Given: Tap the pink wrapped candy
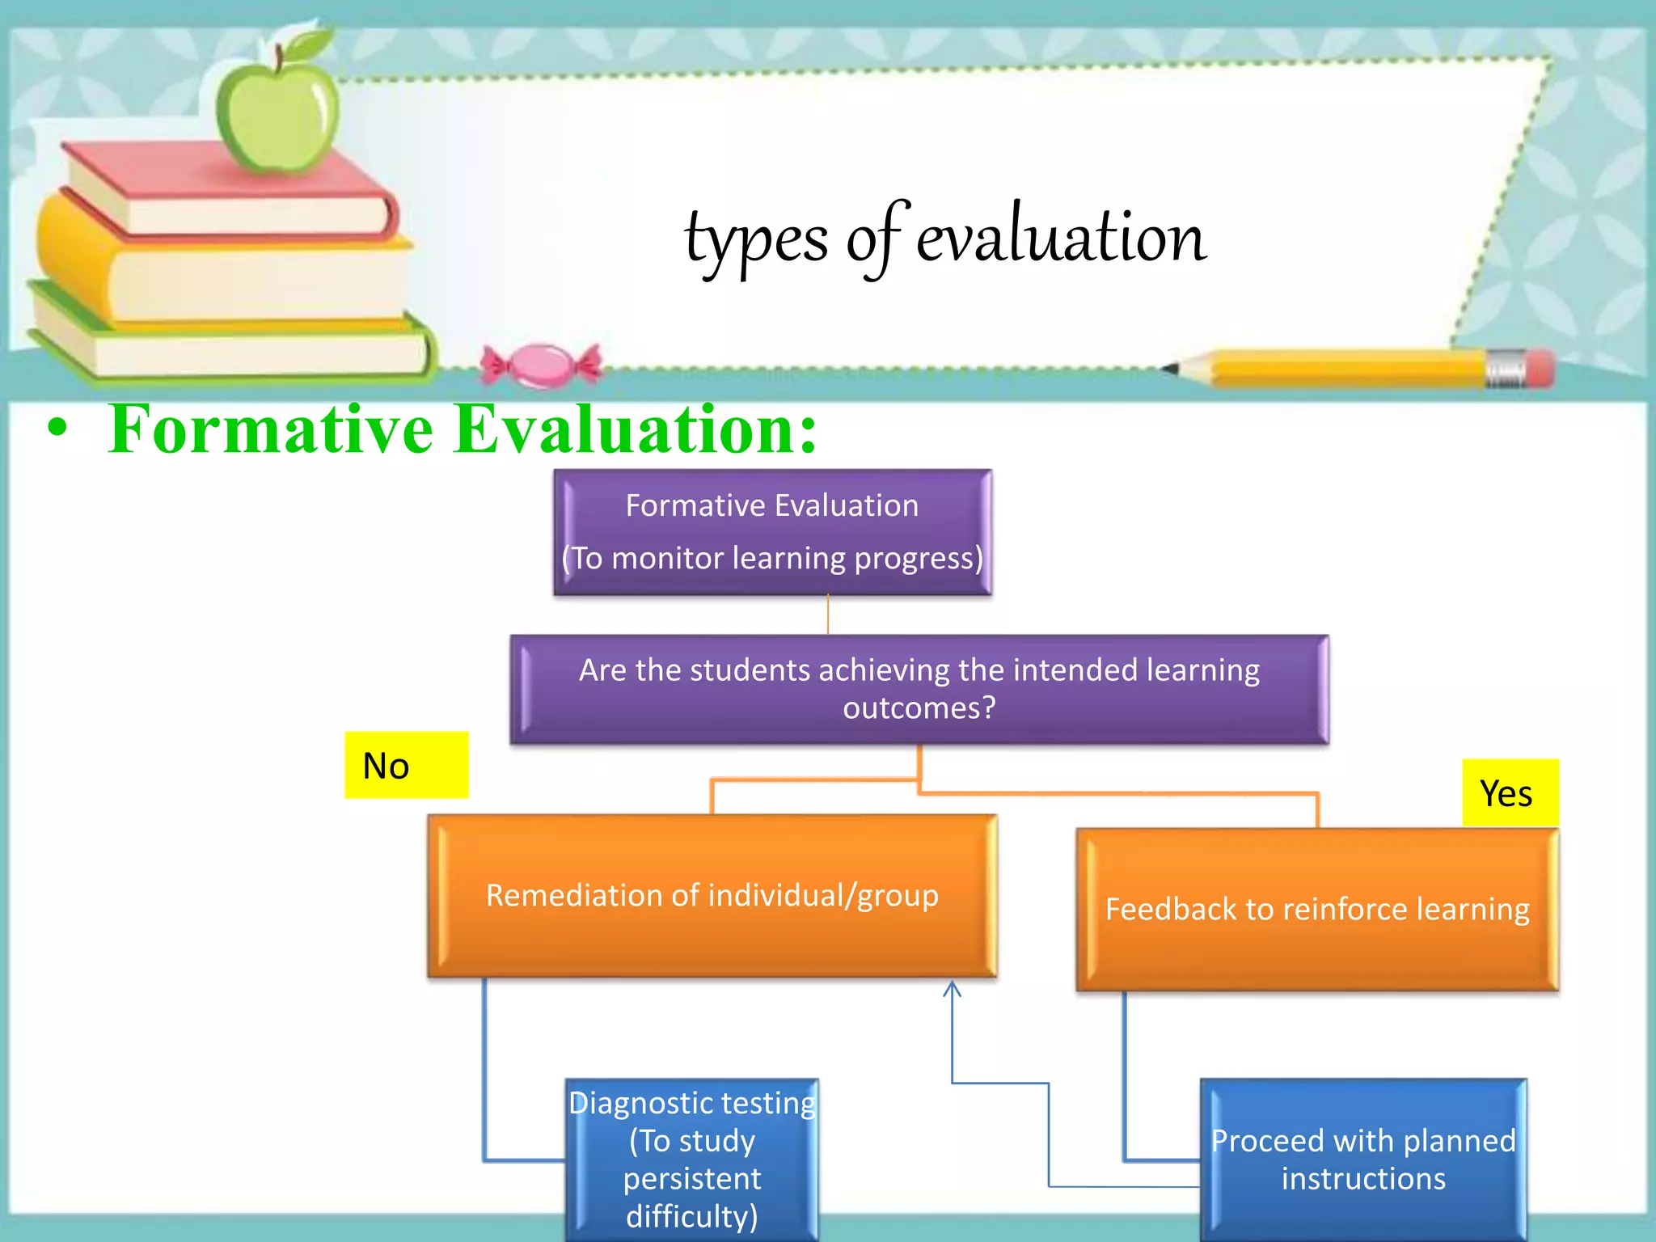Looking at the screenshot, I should [x=541, y=365].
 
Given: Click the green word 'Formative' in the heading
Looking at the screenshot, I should [x=272, y=429].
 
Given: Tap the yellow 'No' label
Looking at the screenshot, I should [x=406, y=765].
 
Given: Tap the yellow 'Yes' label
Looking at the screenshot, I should [x=1509, y=792].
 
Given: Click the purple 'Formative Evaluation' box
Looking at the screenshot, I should [x=772, y=532].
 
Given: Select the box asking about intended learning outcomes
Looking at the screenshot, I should [x=919, y=689].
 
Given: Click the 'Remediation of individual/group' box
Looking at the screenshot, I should [x=712, y=896].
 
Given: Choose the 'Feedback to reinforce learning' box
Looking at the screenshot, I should [x=1316, y=910].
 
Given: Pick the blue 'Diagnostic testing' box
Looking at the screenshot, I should [x=692, y=1159].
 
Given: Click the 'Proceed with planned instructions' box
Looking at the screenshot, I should [x=1363, y=1159].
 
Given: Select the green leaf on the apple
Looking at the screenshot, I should [x=307, y=44].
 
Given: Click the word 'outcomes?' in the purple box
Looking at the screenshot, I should [x=919, y=708].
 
